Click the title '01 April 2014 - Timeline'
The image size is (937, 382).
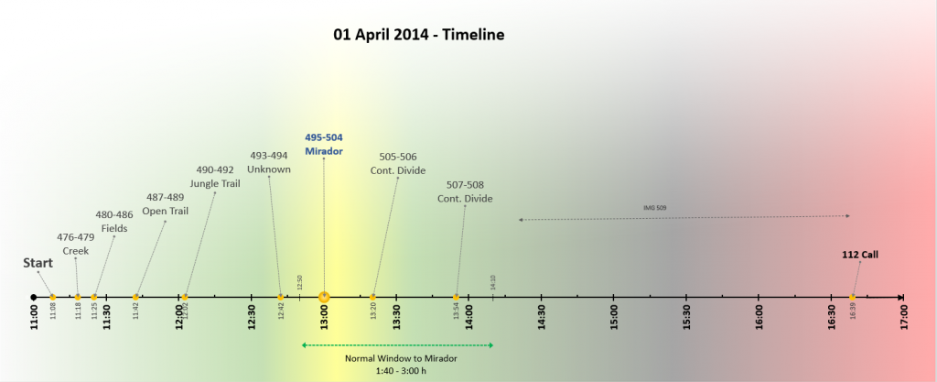pyautogui.click(x=419, y=35)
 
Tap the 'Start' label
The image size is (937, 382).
pyautogui.click(x=38, y=263)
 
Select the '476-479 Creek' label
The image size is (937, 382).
pyautogui.click(x=76, y=244)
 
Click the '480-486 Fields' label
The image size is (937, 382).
pyautogui.click(x=114, y=222)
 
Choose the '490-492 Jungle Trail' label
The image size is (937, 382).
pyautogui.click(x=215, y=176)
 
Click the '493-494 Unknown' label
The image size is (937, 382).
pyautogui.click(x=269, y=162)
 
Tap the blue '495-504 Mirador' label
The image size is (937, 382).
pyautogui.click(x=324, y=144)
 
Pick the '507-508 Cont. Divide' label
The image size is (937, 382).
pyautogui.click(x=465, y=191)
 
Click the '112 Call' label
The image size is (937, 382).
pyautogui.click(x=860, y=255)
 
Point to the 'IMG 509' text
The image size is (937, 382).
pyautogui.click(x=655, y=208)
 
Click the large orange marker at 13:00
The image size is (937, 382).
pyautogui.click(x=324, y=297)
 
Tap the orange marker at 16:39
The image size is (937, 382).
pyautogui.click(x=853, y=297)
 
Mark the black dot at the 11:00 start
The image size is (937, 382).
pyautogui.click(x=34, y=297)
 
